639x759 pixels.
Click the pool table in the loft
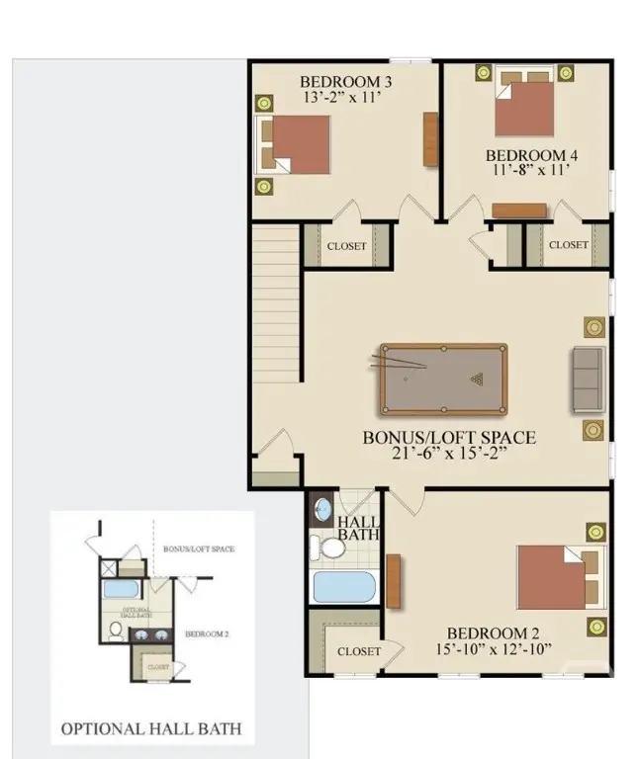point(442,379)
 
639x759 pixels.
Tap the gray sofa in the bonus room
point(587,379)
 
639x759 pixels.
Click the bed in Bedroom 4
point(525,107)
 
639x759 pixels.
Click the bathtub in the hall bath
point(341,586)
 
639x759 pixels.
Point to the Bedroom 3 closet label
point(346,246)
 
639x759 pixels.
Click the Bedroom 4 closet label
point(569,245)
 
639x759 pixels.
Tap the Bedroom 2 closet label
point(358,651)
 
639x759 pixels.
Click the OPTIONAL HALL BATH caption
point(151,730)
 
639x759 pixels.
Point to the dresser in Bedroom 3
point(429,139)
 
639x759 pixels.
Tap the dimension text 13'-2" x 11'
point(339,98)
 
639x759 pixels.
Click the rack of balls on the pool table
point(479,379)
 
